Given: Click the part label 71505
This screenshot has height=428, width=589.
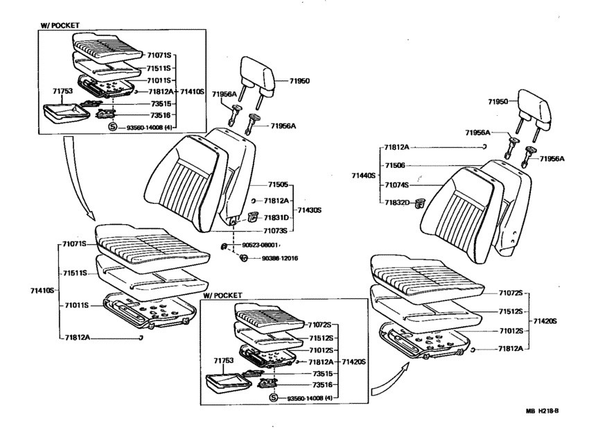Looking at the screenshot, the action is [x=278, y=185].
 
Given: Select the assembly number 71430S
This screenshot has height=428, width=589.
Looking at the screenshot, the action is [x=310, y=210].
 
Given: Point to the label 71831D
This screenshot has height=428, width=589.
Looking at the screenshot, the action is [x=276, y=218].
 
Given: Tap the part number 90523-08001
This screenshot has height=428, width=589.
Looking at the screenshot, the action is [x=260, y=246].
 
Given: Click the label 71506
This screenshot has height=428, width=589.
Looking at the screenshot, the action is [x=395, y=166].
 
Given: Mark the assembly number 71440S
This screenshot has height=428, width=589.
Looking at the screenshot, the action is [x=364, y=176].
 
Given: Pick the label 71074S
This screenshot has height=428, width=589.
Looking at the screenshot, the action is [x=396, y=185].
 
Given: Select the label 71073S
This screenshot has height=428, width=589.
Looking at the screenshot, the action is [x=275, y=230].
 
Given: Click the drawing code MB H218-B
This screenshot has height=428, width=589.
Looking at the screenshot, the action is [x=542, y=411].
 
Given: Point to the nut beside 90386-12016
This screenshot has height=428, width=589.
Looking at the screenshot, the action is [x=244, y=258].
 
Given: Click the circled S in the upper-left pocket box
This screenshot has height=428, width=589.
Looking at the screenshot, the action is [x=113, y=127].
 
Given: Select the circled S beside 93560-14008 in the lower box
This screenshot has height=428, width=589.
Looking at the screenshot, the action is [x=274, y=398].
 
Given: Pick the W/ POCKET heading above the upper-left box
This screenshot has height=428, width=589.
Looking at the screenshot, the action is [x=60, y=26].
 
